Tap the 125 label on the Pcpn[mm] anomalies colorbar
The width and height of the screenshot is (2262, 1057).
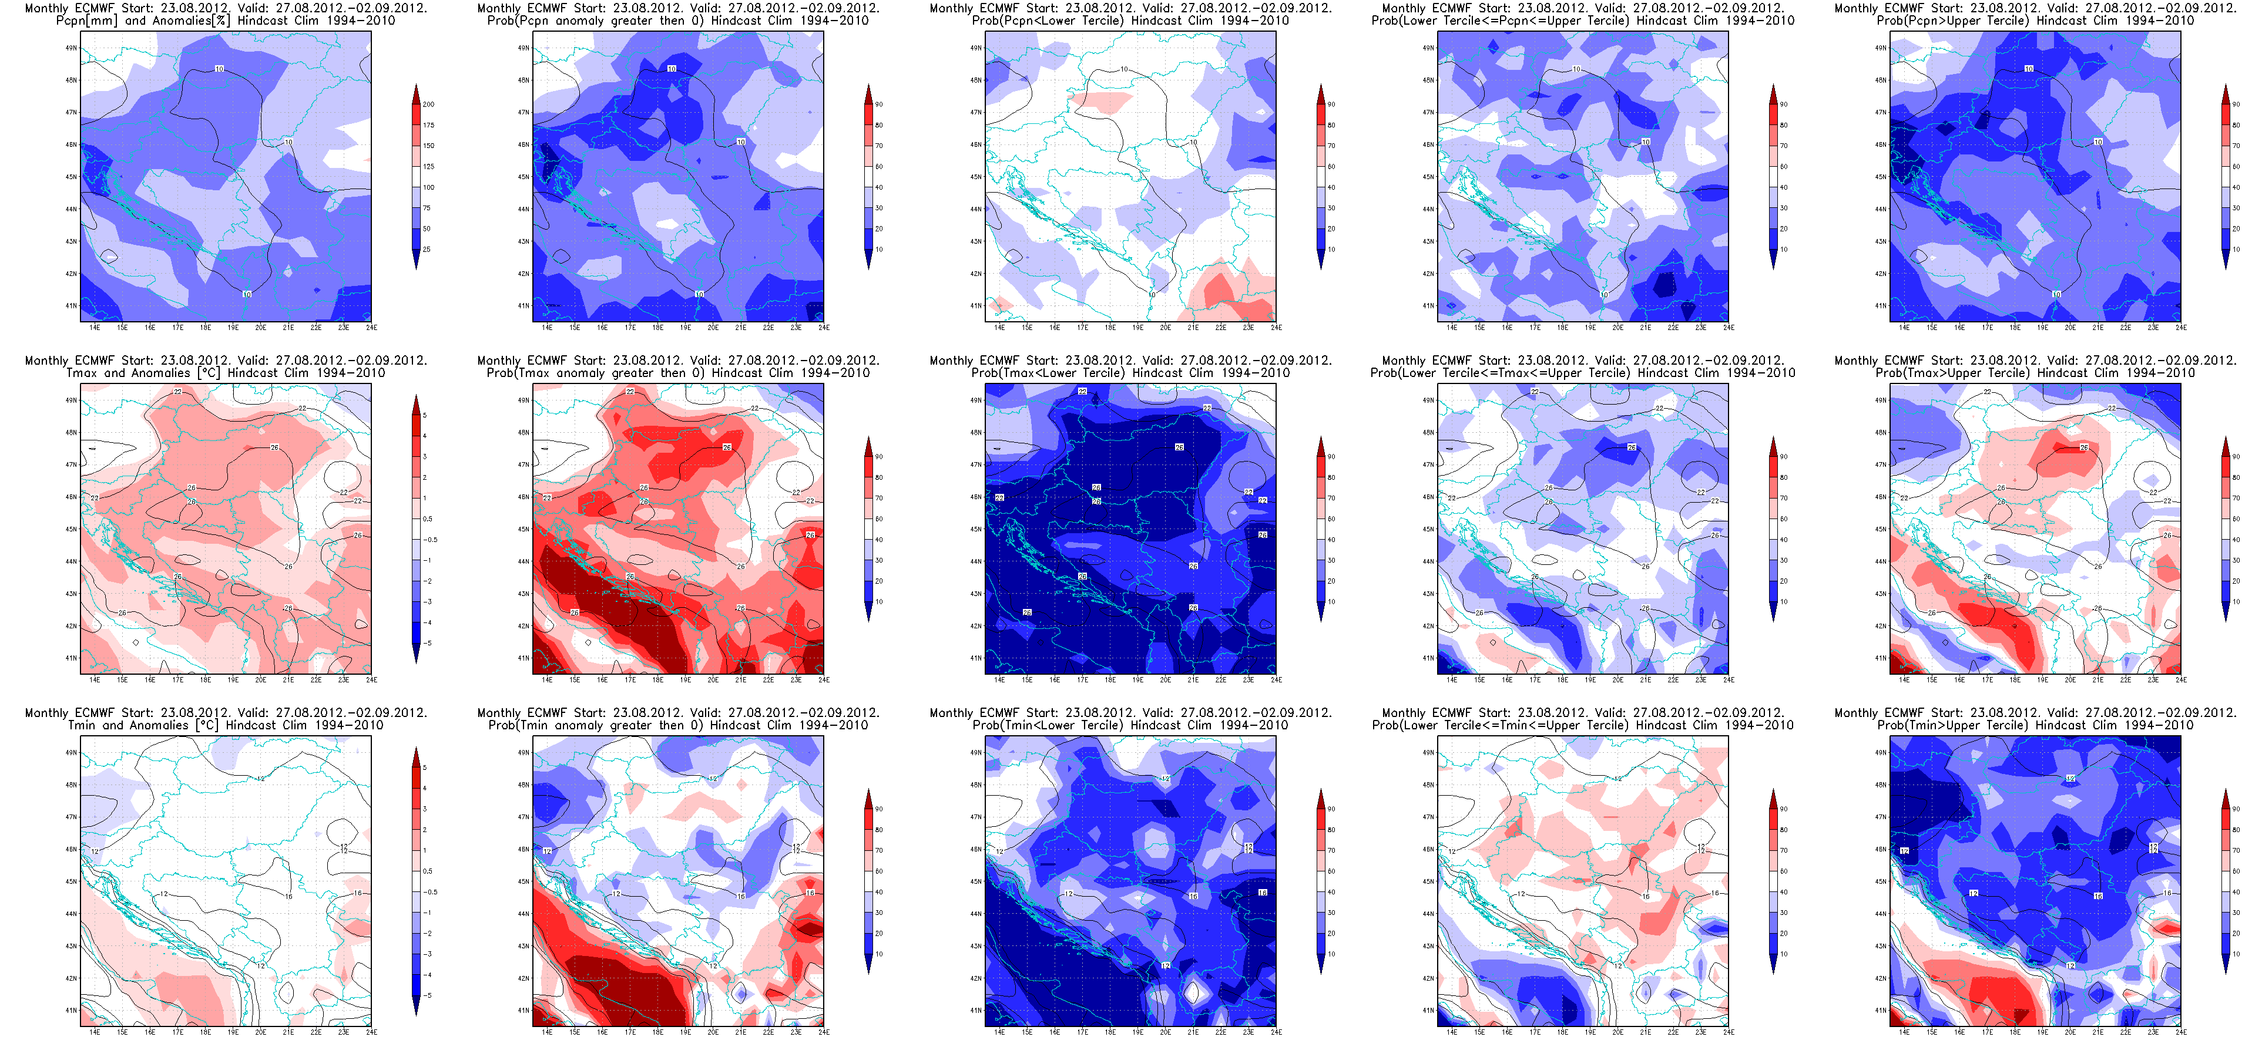tap(428, 167)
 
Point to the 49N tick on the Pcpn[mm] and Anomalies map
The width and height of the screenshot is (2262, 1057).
tap(71, 48)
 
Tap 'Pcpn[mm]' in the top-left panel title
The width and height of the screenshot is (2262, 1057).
tap(86, 20)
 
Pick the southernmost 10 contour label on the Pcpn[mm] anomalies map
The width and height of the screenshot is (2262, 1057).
tap(247, 295)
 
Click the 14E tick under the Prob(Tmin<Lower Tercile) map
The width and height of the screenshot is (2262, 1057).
tap(999, 1032)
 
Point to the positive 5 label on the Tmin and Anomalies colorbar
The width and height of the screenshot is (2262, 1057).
tap(425, 768)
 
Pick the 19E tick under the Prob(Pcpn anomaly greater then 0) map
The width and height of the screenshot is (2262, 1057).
tap(685, 328)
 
